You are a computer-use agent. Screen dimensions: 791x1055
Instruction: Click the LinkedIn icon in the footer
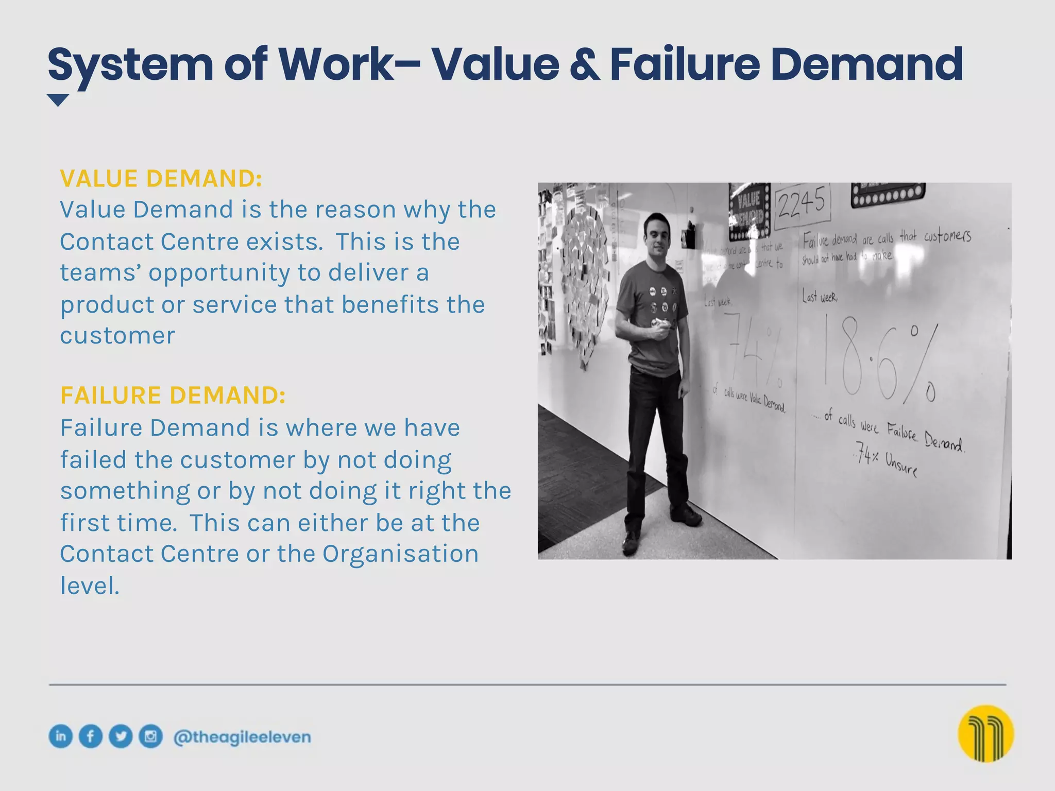pyautogui.click(x=61, y=736)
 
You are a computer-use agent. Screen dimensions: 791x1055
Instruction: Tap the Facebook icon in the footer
pyautogui.click(x=91, y=736)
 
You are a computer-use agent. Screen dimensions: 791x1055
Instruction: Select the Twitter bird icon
pyautogui.click(x=121, y=736)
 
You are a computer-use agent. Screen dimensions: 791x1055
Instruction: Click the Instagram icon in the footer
pyautogui.click(x=150, y=736)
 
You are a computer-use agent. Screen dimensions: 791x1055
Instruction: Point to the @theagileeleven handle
pyautogui.click(x=242, y=737)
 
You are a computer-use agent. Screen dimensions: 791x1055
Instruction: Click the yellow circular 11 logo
pyautogui.click(x=986, y=734)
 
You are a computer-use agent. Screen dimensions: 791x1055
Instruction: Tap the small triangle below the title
pyautogui.click(x=58, y=100)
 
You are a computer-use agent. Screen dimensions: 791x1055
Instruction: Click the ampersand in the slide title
pyautogui.click(x=585, y=66)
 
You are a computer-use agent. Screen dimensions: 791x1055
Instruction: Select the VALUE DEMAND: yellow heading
pyautogui.click(x=161, y=178)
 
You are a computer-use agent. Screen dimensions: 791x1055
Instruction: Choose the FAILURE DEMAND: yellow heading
pyautogui.click(x=173, y=395)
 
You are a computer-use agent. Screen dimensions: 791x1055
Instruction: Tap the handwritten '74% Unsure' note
pyautogui.click(x=886, y=460)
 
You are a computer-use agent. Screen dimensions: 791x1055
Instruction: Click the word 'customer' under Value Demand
pyautogui.click(x=117, y=336)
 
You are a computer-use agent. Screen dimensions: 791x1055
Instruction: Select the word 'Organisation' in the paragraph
pyautogui.click(x=400, y=554)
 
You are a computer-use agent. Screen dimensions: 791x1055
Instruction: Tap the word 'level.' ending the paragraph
pyautogui.click(x=90, y=586)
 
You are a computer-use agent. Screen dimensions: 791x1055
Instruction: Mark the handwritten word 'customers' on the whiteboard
pyautogui.click(x=947, y=236)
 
